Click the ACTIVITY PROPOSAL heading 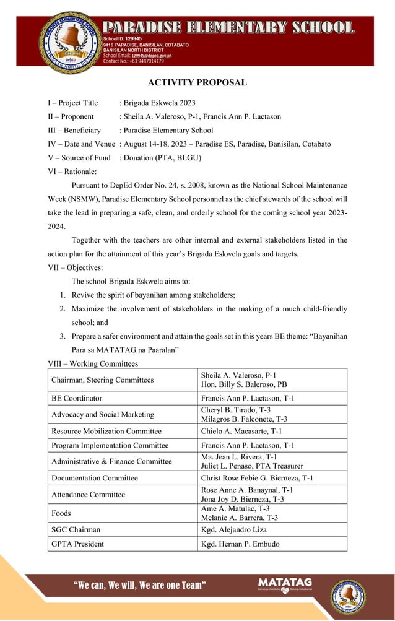[197, 82]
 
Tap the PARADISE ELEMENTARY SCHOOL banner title [228, 28]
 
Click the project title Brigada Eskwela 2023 [158, 103]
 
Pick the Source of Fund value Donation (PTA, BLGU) [162, 157]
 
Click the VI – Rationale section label [72, 171]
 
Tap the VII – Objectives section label [75, 267]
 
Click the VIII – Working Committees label [93, 363]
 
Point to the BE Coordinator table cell [77, 398]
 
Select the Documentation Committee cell [95, 478]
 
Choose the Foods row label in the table [61, 513]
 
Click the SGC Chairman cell [76, 529]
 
